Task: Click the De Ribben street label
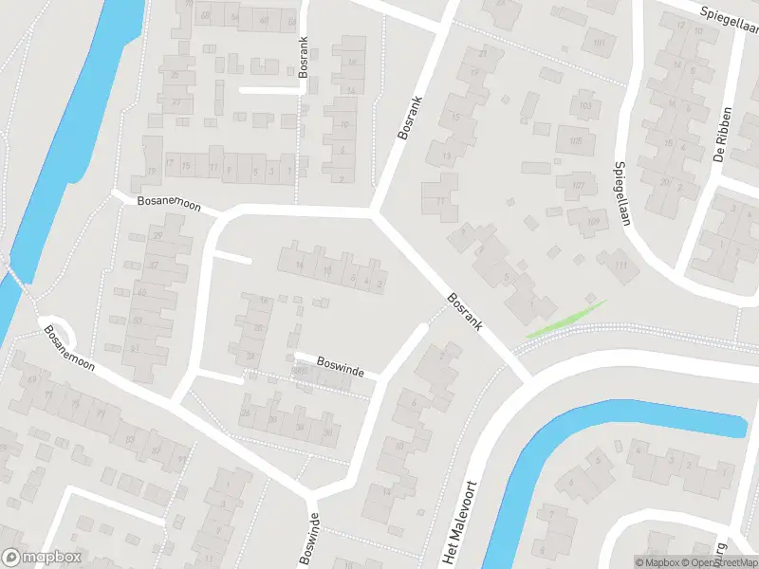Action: pyautogui.click(x=725, y=137)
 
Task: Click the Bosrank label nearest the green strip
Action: pyautogui.click(x=466, y=310)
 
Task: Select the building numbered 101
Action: pyautogui.click(x=599, y=43)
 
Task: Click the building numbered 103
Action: pyautogui.click(x=585, y=105)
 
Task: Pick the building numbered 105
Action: pyautogui.click(x=575, y=141)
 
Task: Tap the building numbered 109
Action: pyautogui.click(x=593, y=223)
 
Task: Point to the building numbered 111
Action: pyautogui.click(x=621, y=266)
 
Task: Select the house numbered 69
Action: pyautogui.click(x=32, y=380)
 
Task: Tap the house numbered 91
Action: pyautogui.click(x=181, y=461)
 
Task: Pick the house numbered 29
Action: pyautogui.click(x=158, y=235)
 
